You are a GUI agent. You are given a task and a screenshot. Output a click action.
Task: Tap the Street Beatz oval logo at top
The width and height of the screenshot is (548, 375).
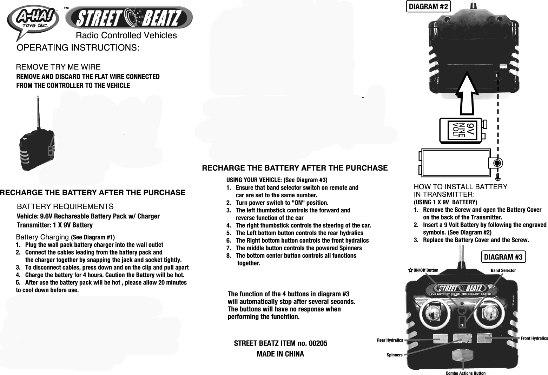coord(129,18)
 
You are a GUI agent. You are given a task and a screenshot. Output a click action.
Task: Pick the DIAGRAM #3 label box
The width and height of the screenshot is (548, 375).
coord(503,257)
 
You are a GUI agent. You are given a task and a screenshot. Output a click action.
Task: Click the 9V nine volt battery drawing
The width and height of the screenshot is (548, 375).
coord(463,130)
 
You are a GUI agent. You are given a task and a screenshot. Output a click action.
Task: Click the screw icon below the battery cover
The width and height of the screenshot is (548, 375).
coord(498,177)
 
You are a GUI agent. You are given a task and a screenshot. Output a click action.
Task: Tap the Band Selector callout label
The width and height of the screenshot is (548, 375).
coord(503,270)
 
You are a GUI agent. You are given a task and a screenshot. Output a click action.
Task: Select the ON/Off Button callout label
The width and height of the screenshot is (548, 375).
coord(425,270)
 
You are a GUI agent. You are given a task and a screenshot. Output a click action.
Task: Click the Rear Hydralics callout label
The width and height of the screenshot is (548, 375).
coord(390,340)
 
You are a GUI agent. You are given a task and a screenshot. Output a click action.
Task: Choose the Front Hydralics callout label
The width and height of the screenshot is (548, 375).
coord(534,338)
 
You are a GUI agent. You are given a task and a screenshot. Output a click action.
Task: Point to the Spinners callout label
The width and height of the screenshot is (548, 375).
coord(395,355)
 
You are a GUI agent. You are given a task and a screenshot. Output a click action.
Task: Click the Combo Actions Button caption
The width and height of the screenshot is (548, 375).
coord(466,373)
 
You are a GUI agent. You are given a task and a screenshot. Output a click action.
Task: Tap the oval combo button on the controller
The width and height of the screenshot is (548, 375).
coord(462,355)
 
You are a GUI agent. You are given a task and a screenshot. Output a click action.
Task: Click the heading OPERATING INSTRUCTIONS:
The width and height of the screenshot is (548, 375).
coord(78,48)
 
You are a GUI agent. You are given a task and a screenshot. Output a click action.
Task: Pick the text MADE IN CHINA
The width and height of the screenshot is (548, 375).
coord(280,354)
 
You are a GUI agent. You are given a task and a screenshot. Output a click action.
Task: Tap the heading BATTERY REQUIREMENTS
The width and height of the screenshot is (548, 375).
coord(65,206)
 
